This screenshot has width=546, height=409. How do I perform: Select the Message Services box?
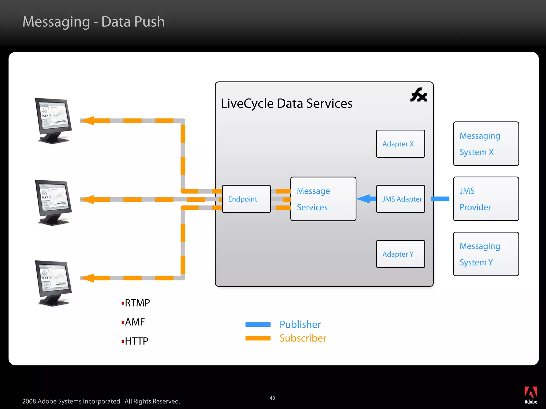[x=323, y=199]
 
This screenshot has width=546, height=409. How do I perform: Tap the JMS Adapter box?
[x=400, y=199]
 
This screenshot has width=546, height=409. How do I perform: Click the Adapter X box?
[x=400, y=144]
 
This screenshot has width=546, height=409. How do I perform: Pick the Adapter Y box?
[x=400, y=254]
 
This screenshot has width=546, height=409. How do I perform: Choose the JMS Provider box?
[x=486, y=199]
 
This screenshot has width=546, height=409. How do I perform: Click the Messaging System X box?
[x=486, y=144]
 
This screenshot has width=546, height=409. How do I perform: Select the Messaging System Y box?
[x=486, y=254]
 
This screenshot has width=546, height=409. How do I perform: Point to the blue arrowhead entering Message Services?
[x=364, y=199]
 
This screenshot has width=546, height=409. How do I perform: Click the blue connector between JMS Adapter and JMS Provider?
[x=440, y=199]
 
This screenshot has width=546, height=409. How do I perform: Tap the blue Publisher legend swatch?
[x=258, y=324]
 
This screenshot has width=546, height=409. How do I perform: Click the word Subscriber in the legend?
[x=303, y=338]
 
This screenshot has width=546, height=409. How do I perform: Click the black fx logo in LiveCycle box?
[x=419, y=95]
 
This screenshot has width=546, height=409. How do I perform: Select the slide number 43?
[x=272, y=398]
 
